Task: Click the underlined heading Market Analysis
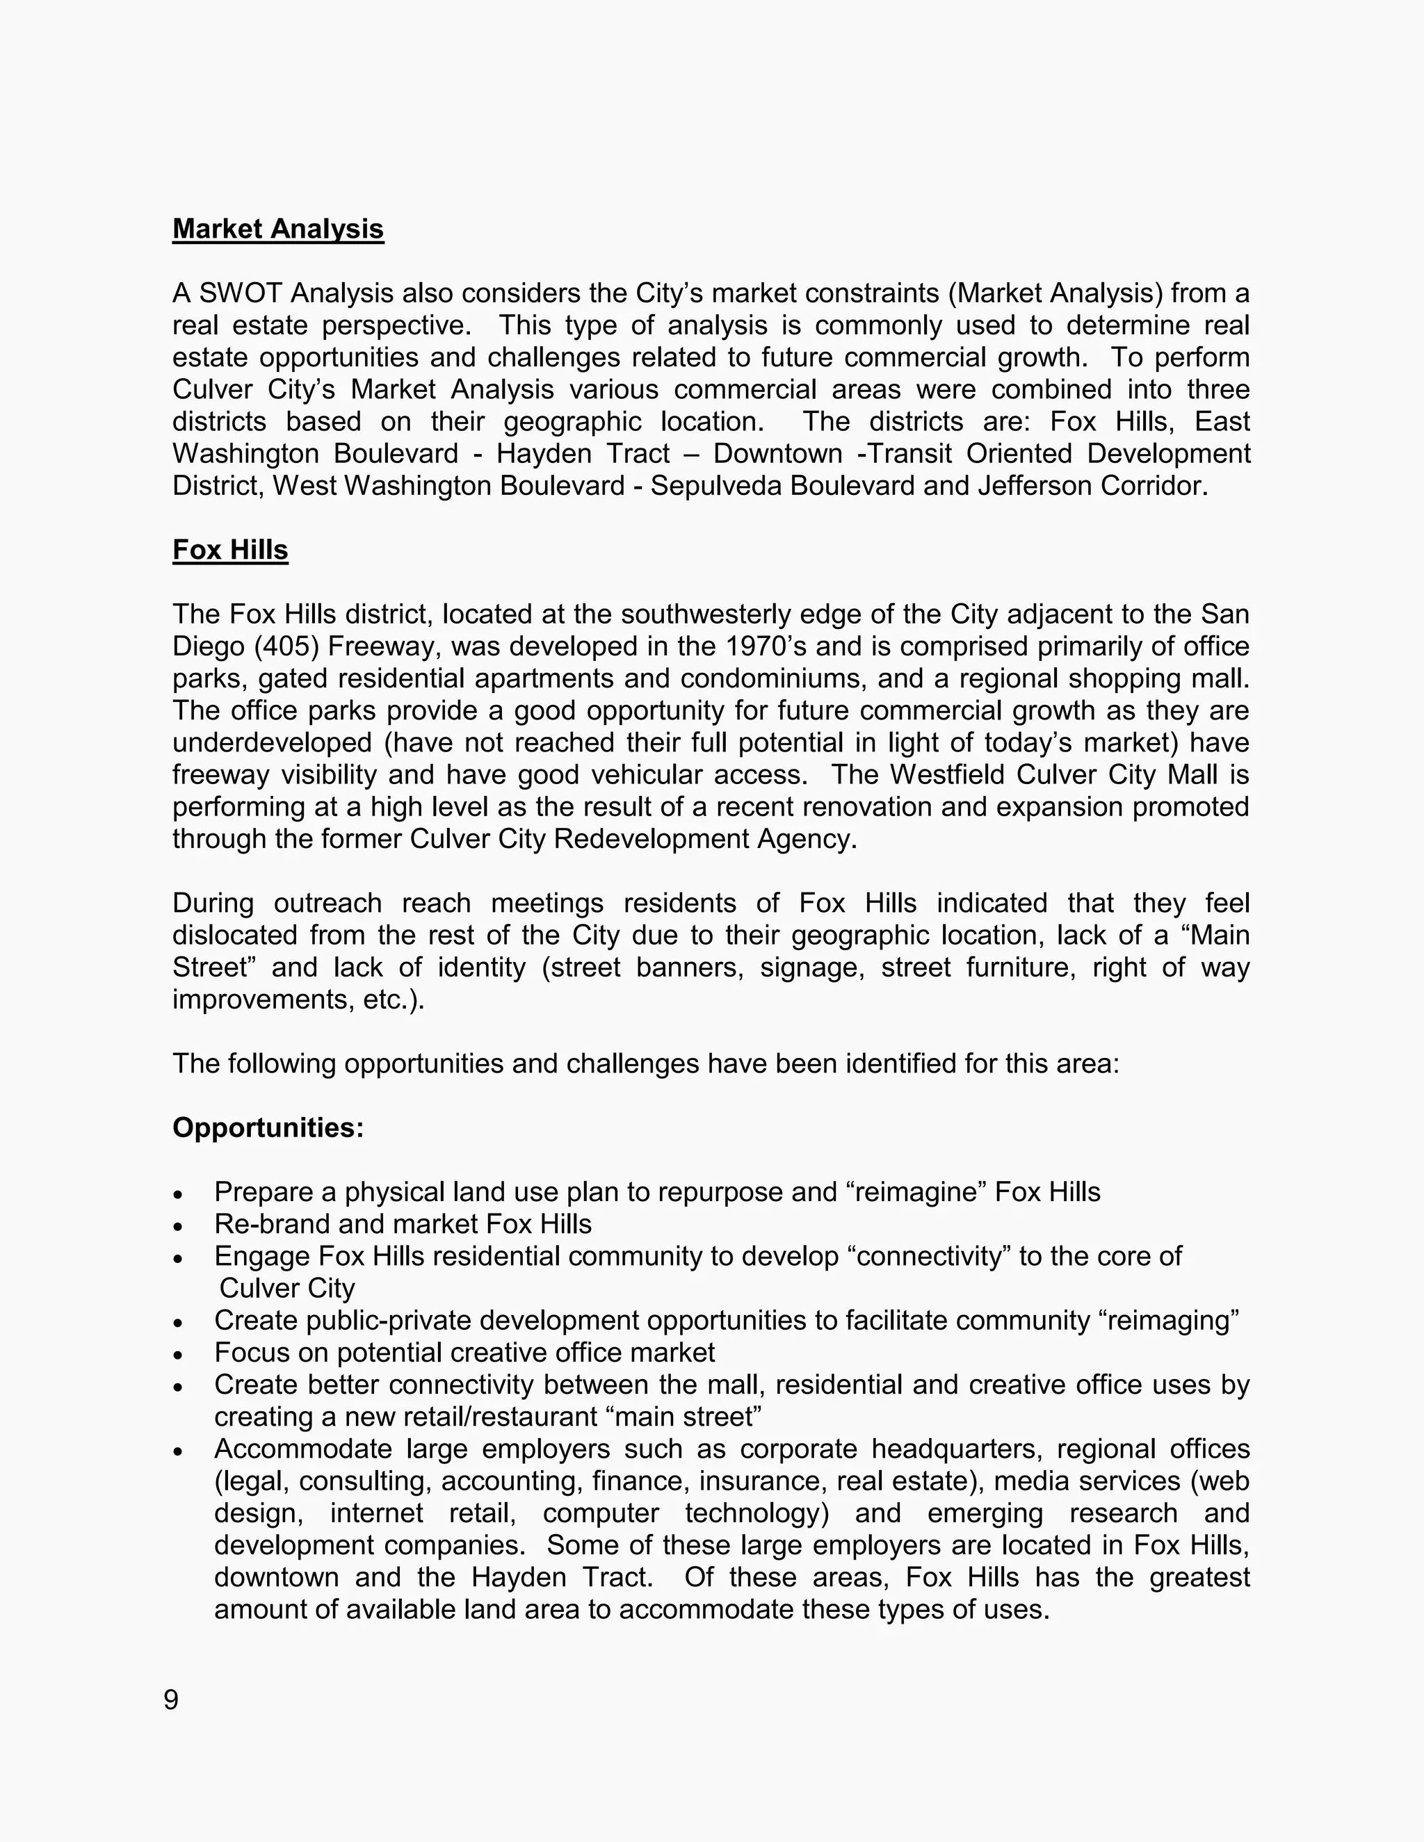(x=277, y=229)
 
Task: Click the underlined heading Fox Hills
(x=230, y=550)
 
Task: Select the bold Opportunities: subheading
(x=268, y=1127)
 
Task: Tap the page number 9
(x=171, y=1700)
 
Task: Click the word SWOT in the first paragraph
(x=233, y=293)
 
